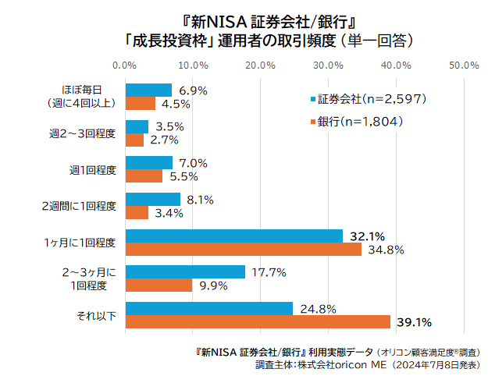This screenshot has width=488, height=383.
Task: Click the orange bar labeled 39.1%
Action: coord(258,322)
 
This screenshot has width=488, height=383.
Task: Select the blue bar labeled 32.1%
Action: coord(234,236)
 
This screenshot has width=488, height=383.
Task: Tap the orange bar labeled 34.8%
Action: coord(243,250)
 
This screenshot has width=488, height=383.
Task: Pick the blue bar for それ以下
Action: coord(209,308)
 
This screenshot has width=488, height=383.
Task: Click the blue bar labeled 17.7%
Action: coord(185,271)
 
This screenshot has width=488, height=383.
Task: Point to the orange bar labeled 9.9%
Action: coord(159,285)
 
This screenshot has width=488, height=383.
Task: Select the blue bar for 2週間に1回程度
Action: coord(153,199)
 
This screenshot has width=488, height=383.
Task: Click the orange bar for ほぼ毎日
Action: coord(141,103)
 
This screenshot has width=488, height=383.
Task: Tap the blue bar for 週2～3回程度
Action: coord(137,126)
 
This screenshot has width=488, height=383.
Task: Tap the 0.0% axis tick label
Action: coord(126,65)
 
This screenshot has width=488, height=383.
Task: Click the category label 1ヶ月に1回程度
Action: coord(80,243)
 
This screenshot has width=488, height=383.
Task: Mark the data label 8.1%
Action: coord(200,199)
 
